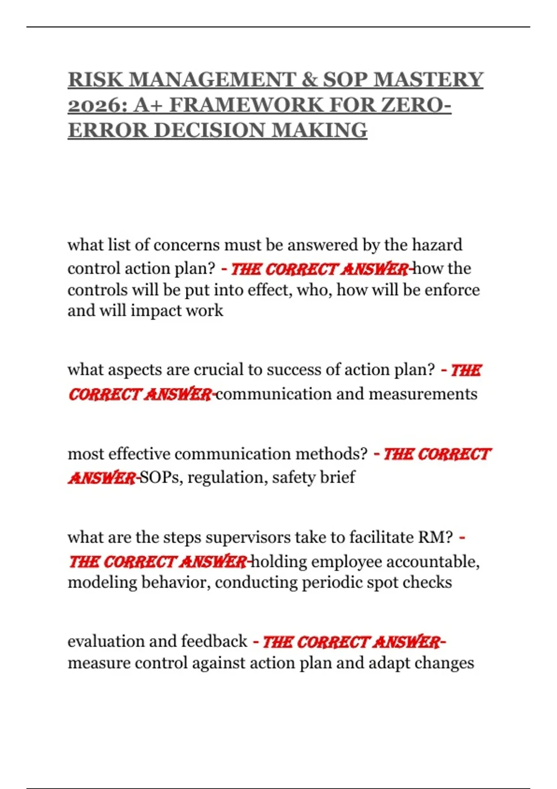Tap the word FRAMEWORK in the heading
(x=246, y=105)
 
